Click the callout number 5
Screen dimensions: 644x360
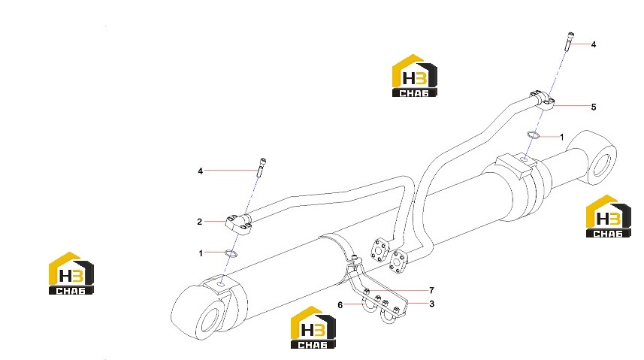[x=594, y=107]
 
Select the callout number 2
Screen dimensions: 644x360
[x=200, y=222]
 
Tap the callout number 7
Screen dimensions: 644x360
[x=431, y=290]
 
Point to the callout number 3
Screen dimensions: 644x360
[x=431, y=304]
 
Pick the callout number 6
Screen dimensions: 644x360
[x=340, y=305]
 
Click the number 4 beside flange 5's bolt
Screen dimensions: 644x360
[x=594, y=44]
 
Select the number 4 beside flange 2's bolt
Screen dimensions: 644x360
[x=201, y=171]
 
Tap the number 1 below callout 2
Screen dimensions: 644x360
[x=201, y=253]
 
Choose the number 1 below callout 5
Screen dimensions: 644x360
[x=562, y=138]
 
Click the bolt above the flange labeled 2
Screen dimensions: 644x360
[x=262, y=168]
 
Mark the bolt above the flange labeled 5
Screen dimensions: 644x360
[x=570, y=42]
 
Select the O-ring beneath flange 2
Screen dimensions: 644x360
[x=231, y=252]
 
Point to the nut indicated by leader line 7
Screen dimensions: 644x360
[x=367, y=292]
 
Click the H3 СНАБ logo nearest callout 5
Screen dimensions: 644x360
[x=415, y=76]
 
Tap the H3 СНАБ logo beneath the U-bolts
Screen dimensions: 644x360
[x=313, y=328]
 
